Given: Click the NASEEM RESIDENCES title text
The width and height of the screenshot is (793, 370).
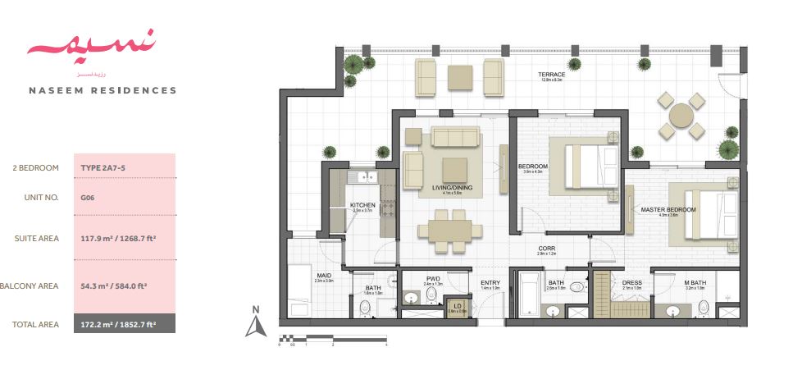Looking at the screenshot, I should click(102, 90).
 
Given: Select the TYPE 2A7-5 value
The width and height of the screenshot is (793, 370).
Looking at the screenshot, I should click(103, 168).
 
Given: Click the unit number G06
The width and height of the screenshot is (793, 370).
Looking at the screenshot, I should click(87, 198).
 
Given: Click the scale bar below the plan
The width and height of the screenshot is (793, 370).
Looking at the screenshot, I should click(332, 337).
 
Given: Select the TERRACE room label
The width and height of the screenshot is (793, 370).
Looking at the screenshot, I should click(552, 73).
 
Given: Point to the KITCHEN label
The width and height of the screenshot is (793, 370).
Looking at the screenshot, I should click(362, 205).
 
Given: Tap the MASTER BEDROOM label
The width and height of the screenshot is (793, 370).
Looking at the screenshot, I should click(668, 210).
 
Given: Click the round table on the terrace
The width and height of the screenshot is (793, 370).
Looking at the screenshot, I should click(681, 116).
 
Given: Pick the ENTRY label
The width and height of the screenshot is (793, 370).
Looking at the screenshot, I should click(490, 283).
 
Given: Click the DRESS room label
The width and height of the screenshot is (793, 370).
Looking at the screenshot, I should click(631, 283).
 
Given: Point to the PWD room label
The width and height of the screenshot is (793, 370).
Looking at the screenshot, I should click(433, 279).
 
